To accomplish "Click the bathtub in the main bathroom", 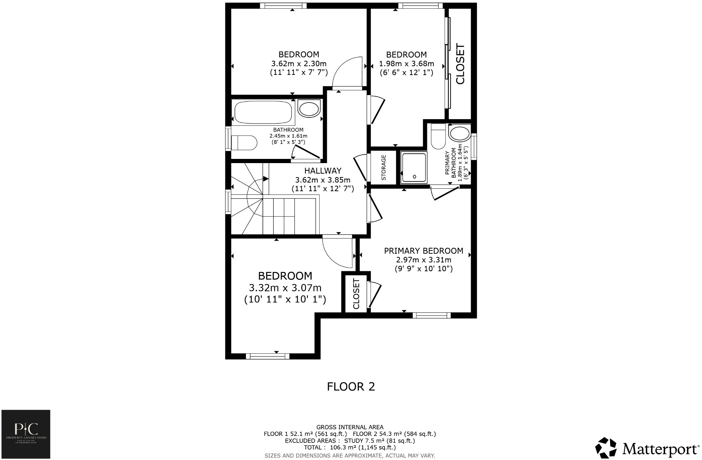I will point(263,112).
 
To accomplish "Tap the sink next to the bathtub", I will point(309,109).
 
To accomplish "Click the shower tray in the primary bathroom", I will point(414,168).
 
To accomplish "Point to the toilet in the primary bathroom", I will point(438,137).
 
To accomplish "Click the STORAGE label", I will point(383,167).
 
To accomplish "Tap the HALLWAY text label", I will point(322,171).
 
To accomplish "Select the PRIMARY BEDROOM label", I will point(423,251).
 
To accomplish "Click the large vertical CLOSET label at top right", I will point(460,64).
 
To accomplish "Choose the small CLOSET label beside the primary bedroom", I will point(356,294).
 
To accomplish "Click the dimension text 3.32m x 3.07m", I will point(285,288).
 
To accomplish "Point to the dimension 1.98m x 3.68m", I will point(406,64).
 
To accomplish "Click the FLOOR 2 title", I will point(351,386).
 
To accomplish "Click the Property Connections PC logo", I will point(26,434).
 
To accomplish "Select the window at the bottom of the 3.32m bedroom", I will point(267,356).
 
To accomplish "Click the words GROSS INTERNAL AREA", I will point(350,427).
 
